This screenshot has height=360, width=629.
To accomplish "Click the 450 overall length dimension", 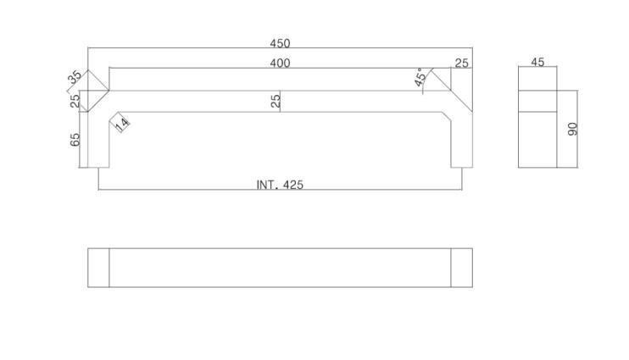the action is click(x=280, y=43).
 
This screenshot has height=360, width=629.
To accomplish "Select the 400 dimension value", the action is click(x=280, y=63).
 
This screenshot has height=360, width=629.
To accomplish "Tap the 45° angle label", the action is click(x=420, y=77).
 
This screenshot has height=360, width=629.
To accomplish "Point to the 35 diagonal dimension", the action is click(x=75, y=76).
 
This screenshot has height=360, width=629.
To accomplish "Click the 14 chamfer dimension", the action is click(x=123, y=124).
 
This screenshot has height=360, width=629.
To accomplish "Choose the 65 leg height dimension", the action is click(x=75, y=140).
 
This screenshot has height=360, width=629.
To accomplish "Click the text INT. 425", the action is click(x=280, y=185).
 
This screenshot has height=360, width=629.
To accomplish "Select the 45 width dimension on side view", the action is click(x=537, y=62).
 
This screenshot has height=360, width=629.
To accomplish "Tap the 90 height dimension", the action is click(x=572, y=129).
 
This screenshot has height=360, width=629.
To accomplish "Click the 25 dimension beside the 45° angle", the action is click(x=461, y=63).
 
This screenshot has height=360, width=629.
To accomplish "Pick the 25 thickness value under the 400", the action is click(x=276, y=101).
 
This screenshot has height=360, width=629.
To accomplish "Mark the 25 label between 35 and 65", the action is click(x=75, y=101).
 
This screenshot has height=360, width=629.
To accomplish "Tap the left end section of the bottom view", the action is click(x=98, y=268).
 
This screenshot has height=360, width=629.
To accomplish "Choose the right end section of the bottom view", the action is click(x=462, y=268).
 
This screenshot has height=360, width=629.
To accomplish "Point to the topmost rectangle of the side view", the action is click(x=537, y=79).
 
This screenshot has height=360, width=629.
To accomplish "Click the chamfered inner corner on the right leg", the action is click(x=447, y=116).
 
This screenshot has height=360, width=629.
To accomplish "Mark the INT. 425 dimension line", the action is click(x=280, y=190).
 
